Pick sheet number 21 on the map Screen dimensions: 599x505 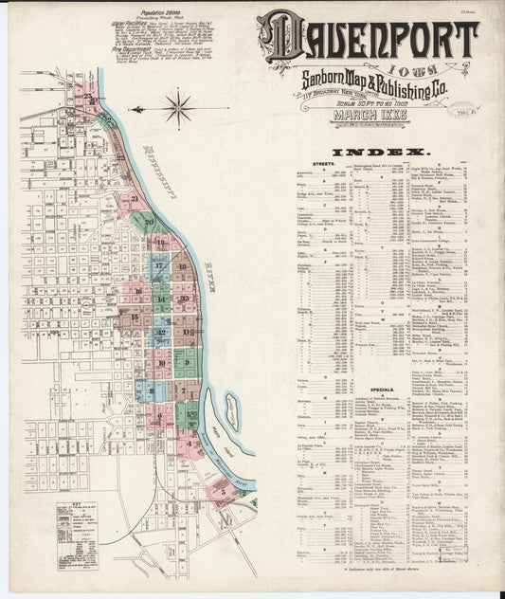135,199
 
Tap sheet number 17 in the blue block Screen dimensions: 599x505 159,266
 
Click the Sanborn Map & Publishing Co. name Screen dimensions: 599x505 366,78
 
